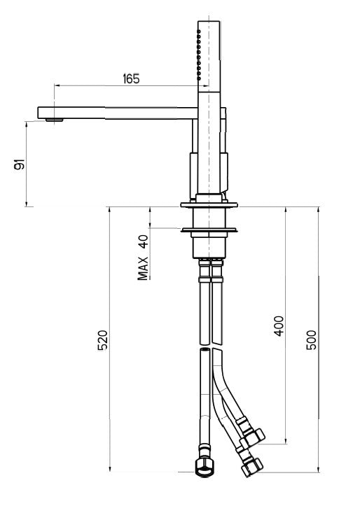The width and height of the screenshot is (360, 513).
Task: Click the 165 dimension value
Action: click(130, 78)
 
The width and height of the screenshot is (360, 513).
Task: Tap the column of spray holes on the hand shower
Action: click(199, 56)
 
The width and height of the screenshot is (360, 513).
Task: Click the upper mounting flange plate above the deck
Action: click(209, 205)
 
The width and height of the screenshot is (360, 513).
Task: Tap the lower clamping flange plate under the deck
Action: click(209, 230)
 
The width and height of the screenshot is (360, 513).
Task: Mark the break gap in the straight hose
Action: click(205, 347)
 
